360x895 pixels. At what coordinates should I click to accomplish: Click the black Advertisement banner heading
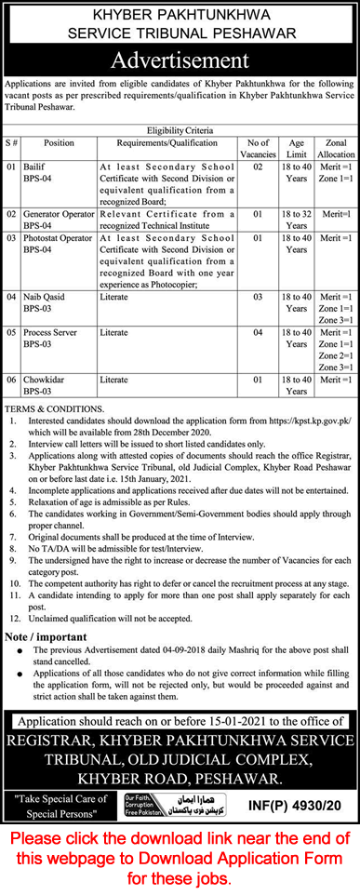[180, 60]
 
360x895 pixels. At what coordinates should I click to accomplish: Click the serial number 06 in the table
[13, 380]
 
